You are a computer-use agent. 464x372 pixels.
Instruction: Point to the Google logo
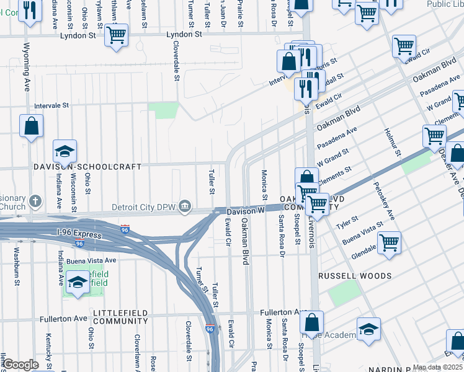pos(20,365)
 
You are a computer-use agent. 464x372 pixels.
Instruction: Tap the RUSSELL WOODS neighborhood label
pos(354,275)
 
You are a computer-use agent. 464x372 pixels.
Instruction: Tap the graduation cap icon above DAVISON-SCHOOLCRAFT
pos(65,152)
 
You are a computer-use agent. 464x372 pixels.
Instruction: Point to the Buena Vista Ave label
pos(92,260)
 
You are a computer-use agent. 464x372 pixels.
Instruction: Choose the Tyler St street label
pos(347,221)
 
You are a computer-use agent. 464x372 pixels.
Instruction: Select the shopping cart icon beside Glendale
pos(389,242)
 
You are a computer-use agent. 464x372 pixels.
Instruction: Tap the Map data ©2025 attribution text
pos(437,367)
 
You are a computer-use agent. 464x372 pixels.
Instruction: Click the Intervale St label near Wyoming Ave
pos(51,106)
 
